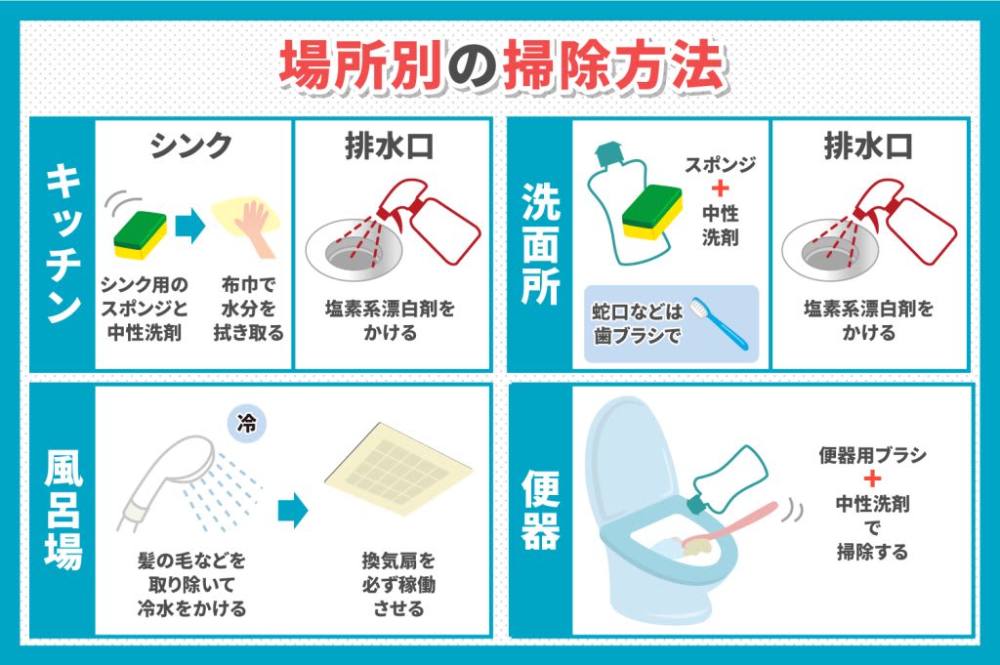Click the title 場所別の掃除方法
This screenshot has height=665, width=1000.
click(500, 65)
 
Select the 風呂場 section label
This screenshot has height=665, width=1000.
click(62, 511)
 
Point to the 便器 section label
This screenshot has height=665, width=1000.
click(540, 511)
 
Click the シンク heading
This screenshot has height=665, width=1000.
click(192, 145)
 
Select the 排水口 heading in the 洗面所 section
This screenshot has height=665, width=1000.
click(868, 145)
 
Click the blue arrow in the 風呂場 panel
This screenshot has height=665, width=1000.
click(292, 510)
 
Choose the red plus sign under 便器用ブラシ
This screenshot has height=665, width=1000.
click(872, 479)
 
